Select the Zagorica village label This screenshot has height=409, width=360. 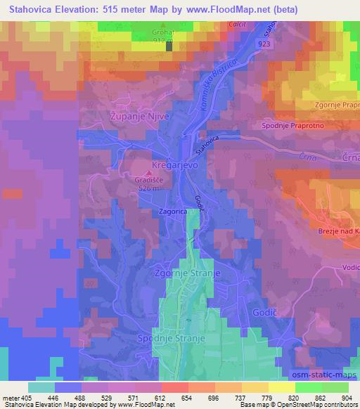pos(172,209)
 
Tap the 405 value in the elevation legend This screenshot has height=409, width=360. pos(21,397)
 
